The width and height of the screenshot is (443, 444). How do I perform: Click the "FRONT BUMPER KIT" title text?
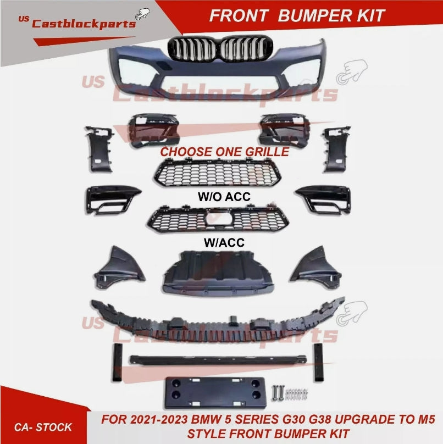[297, 15]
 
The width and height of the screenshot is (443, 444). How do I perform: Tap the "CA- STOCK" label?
[43, 427]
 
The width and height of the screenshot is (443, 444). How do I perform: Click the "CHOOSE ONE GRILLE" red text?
[225, 152]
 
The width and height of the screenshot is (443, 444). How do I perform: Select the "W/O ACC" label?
[224, 197]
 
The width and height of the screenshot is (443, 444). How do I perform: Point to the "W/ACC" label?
[224, 242]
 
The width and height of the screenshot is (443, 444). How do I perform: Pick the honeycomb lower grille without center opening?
[218, 172]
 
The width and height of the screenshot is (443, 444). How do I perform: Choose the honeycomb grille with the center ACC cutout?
[218, 219]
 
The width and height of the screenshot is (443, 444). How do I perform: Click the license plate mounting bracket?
[215, 392]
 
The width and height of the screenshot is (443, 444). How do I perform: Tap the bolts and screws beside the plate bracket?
[290, 393]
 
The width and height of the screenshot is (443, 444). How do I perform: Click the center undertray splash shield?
[218, 272]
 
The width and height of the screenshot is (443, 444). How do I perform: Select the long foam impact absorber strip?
[218, 321]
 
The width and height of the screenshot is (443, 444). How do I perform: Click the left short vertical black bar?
[118, 363]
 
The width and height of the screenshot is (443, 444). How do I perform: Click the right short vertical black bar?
[318, 362]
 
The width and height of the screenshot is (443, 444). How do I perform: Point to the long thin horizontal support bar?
[218, 360]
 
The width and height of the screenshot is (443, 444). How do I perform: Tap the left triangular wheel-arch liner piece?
[119, 268]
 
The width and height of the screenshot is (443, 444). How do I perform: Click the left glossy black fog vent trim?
[112, 199]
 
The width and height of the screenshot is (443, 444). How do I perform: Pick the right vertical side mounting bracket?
[336, 149]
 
